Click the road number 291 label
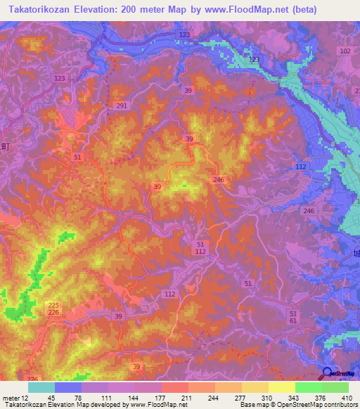pyautogui.click(x=122, y=105)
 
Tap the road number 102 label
pyautogui.click(x=345, y=52)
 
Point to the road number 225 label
pyautogui.click(x=53, y=304)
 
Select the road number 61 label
pyautogui.click(x=293, y=320)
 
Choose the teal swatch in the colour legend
pyautogui.click(x=41, y=387)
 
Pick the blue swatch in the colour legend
pyautogui.click(x=68, y=387)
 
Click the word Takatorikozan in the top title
pyautogui.click(x=39, y=10)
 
